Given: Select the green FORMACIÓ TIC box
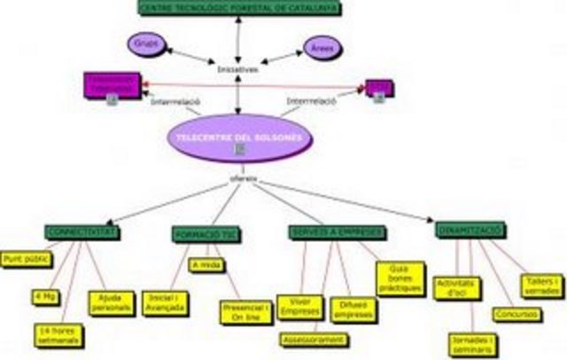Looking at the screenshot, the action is pos(206,234).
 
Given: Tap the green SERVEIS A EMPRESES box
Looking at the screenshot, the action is pos(336,232).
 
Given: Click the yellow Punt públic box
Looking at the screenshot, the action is pos(26,259).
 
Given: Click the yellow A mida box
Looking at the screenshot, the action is pos(205,264).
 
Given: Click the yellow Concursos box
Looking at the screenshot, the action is pos(513,313).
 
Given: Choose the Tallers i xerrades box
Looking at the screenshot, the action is pos(540,286).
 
